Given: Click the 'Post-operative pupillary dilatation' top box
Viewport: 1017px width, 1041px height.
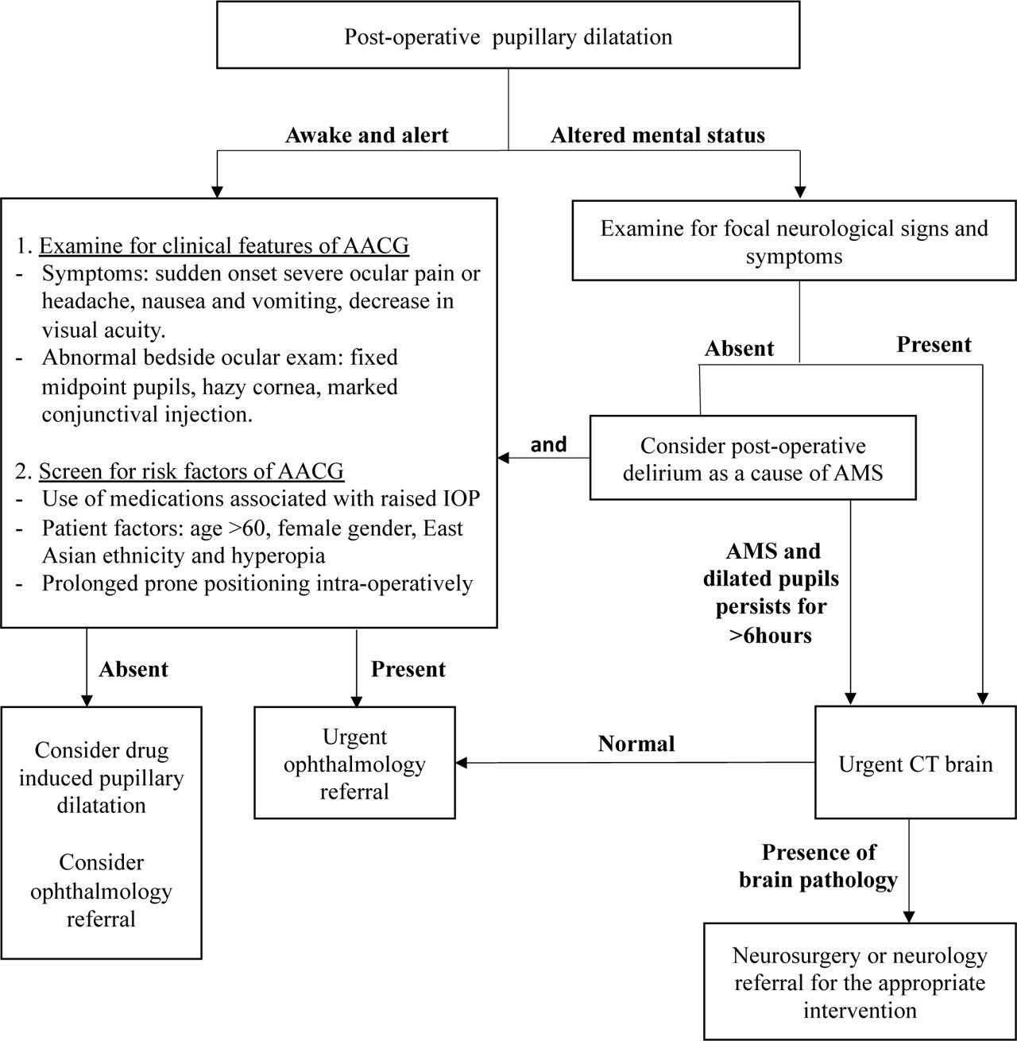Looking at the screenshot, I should [508, 37].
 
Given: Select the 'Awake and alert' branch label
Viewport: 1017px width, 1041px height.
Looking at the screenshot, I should [366, 135].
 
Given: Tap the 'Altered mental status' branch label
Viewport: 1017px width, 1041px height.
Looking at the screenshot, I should [658, 135].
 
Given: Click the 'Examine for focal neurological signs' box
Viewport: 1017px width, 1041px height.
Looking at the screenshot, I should [794, 242].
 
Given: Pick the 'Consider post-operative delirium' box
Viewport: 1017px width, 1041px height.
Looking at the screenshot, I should [752, 459].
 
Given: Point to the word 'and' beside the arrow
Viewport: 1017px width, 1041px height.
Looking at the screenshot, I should [548, 444].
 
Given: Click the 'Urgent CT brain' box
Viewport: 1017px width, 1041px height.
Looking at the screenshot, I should [915, 764].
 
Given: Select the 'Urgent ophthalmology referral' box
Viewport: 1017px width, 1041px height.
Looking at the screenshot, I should [354, 764].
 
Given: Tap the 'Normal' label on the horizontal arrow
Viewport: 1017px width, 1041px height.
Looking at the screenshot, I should [636, 744].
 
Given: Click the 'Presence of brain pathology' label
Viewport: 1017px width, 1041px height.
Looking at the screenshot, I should [818, 866].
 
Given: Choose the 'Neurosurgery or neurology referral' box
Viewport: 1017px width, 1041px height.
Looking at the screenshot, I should [859, 983].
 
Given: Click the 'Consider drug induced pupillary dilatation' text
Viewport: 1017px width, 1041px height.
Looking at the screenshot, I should [102, 777].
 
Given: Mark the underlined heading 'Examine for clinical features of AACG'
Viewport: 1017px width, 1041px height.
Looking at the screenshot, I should [223, 246].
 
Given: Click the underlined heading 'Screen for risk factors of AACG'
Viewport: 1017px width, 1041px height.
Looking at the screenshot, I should [191, 471].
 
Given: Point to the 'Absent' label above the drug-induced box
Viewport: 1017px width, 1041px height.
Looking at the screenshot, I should [133, 669].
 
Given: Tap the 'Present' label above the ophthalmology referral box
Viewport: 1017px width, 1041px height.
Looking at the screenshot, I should [408, 669].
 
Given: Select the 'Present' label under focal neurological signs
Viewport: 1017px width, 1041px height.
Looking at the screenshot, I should [934, 344].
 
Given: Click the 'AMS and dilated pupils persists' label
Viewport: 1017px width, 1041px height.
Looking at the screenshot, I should [771, 593].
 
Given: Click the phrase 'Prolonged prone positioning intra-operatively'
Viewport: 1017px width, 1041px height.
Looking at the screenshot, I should [257, 583].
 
